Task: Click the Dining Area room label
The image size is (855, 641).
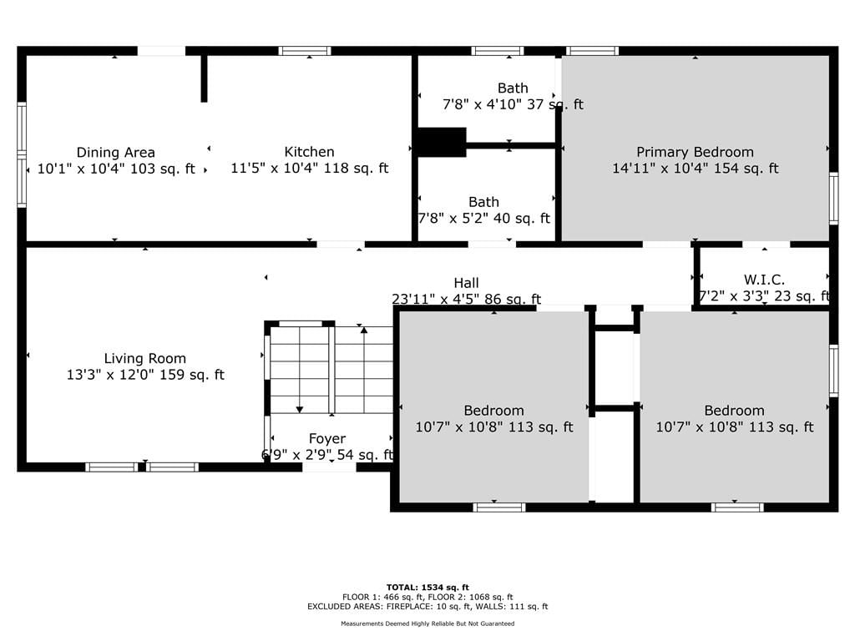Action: tap(115, 153)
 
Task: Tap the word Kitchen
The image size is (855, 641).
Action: tap(309, 152)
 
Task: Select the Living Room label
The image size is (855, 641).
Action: tap(145, 359)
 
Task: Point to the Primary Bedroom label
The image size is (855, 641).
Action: tap(696, 152)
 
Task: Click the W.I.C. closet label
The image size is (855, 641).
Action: tap(765, 280)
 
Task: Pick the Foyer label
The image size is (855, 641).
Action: tap(327, 439)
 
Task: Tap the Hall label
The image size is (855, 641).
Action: tap(466, 283)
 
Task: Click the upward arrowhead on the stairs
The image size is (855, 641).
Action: tap(364, 330)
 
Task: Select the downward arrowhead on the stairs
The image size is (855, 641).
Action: tap(300, 409)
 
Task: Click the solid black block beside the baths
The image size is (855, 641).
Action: tap(442, 142)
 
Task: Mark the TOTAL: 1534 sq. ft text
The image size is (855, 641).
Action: tap(427, 588)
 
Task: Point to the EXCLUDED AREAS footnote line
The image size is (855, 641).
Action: tap(427, 607)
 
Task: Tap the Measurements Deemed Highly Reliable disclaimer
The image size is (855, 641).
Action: tap(427, 623)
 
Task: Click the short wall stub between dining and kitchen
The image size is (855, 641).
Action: tap(204, 78)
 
